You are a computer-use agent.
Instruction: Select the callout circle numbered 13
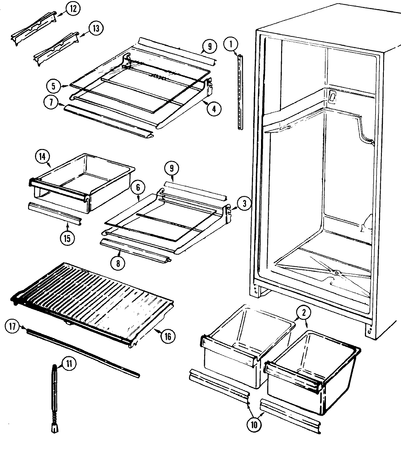click(96, 29)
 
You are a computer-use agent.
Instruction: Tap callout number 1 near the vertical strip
click(230, 45)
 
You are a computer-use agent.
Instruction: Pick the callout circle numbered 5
click(54, 86)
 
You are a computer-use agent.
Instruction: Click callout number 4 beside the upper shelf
click(214, 109)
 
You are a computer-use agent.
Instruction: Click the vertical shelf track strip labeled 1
click(240, 93)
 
